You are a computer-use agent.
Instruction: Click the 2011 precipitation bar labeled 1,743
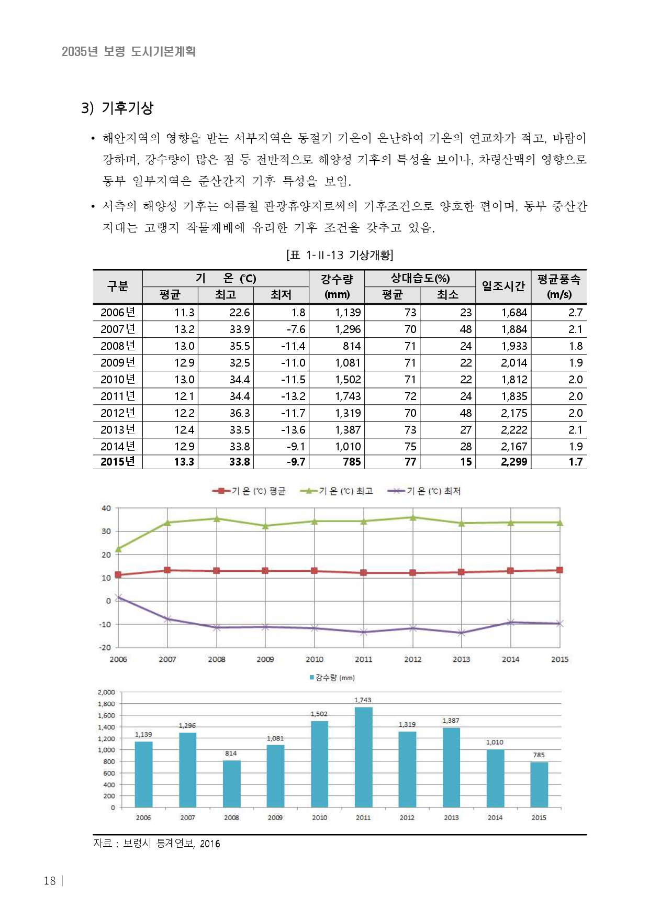tap(363, 757)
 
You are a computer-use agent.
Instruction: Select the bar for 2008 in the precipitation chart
tap(231, 783)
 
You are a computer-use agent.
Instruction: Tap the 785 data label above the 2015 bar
tap(539, 755)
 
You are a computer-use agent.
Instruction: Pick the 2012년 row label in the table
tap(118, 413)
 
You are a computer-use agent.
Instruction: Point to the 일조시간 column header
tap(503, 286)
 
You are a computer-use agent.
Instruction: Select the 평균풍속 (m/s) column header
tap(559, 286)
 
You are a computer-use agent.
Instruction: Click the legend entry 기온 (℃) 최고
tap(337, 491)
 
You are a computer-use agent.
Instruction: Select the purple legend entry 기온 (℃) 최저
tap(424, 491)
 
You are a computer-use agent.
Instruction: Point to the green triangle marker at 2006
tap(118, 549)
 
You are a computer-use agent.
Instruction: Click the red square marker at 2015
tap(560, 570)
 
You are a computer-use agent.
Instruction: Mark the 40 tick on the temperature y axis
tap(106, 508)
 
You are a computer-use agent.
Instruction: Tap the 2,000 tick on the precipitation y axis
tap(106, 692)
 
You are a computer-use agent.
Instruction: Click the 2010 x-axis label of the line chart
tap(314, 659)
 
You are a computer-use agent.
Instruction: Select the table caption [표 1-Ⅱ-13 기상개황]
tap(340, 255)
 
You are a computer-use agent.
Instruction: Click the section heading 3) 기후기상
tap(117, 108)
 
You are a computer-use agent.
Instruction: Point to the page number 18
tap(50, 881)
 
